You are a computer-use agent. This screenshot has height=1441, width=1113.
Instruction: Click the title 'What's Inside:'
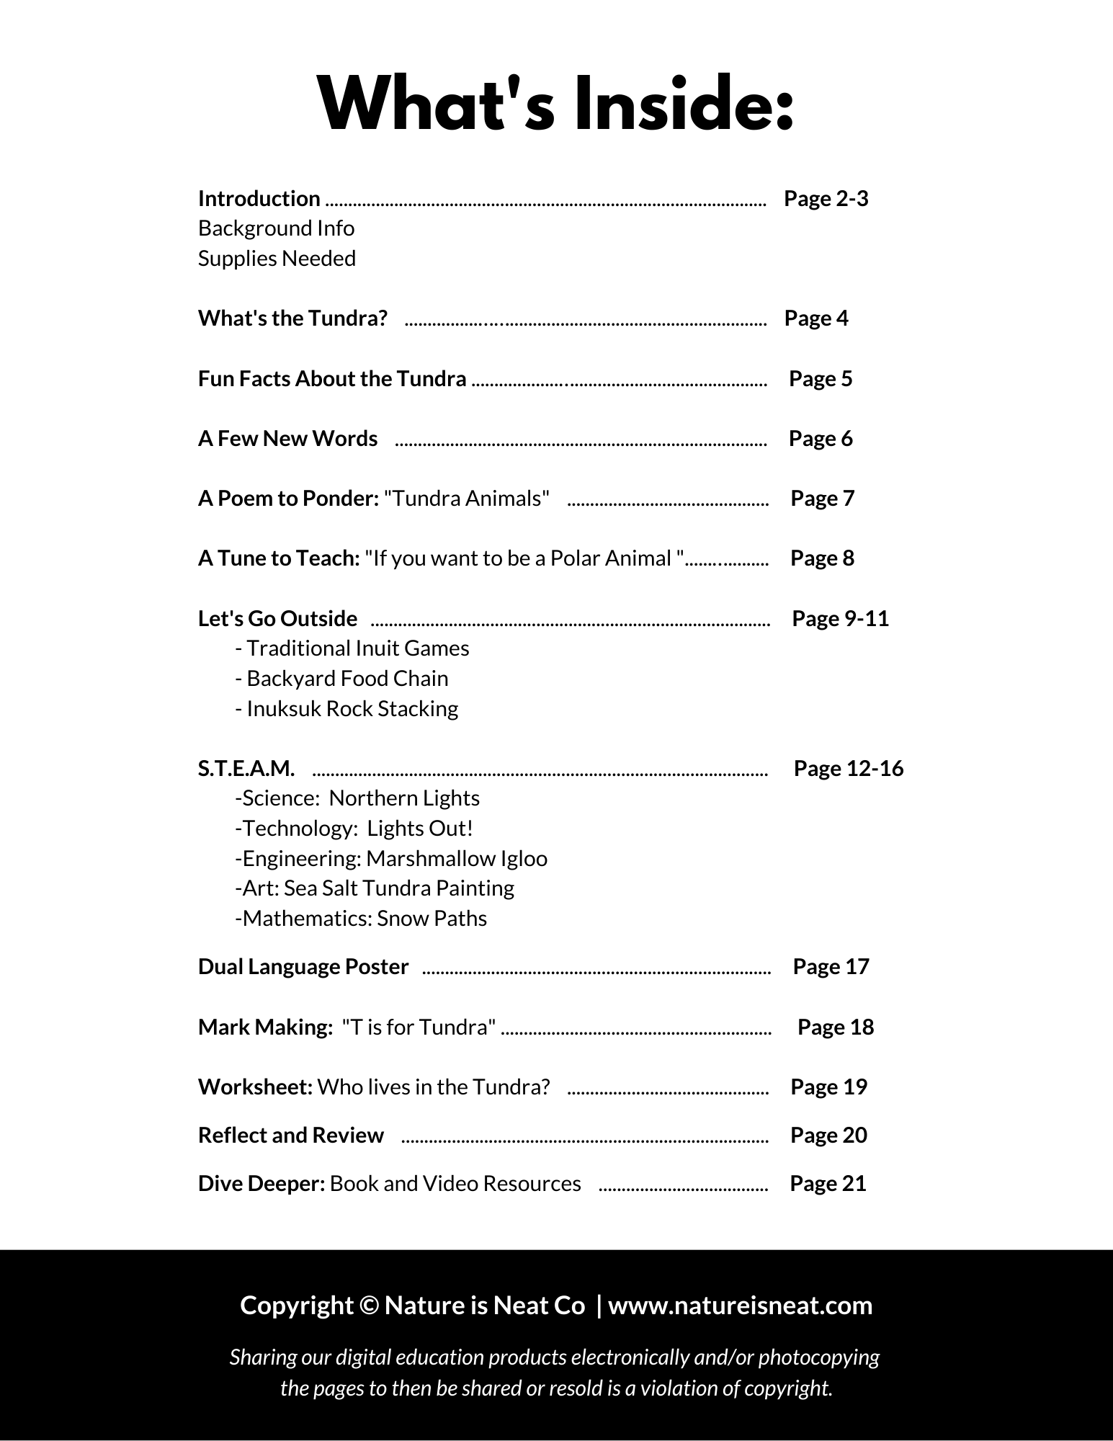pyautogui.click(x=556, y=106)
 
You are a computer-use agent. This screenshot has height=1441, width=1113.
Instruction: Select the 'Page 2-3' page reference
pyautogui.click(x=826, y=198)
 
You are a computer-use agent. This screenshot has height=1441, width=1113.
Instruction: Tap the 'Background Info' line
pyautogui.click(x=276, y=228)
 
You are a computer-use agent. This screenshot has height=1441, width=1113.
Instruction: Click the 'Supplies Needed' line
pyautogui.click(x=277, y=259)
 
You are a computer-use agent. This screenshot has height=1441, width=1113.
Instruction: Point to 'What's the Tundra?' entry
pyautogui.click(x=292, y=318)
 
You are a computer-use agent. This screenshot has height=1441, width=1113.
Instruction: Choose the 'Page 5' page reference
pyautogui.click(x=820, y=378)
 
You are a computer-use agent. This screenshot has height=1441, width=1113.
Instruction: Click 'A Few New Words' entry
pyautogui.click(x=287, y=438)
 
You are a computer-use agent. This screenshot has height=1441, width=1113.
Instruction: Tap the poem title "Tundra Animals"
pyautogui.click(x=467, y=498)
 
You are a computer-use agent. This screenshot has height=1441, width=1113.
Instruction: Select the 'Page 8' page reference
pyautogui.click(x=822, y=558)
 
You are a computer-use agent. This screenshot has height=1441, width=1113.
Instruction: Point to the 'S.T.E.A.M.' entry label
pyautogui.click(x=246, y=769)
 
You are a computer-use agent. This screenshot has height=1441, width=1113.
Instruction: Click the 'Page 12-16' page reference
pyautogui.click(x=848, y=768)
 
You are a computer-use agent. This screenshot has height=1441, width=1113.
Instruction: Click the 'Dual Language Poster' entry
pyautogui.click(x=303, y=966)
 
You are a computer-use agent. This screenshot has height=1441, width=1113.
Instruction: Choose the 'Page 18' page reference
pyautogui.click(x=835, y=1027)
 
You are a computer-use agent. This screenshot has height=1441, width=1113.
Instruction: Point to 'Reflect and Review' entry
pyautogui.click(x=291, y=1135)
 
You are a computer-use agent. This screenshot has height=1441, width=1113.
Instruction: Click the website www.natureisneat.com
pyautogui.click(x=740, y=1305)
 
